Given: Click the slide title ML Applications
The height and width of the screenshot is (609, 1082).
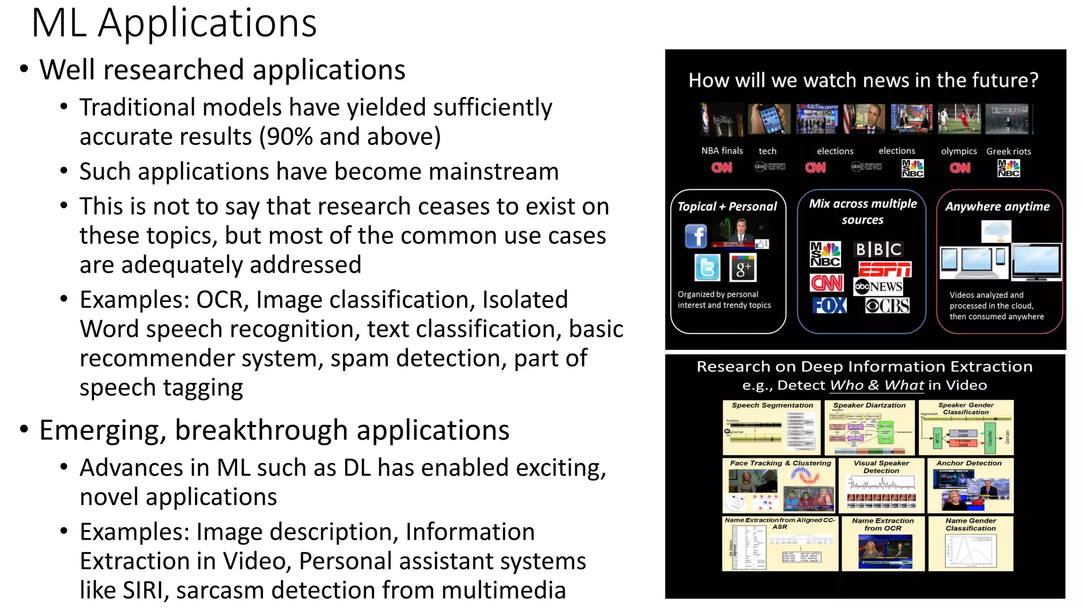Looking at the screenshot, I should coord(174,24).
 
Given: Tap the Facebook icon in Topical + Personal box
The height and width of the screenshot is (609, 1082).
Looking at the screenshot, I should coord(696,236).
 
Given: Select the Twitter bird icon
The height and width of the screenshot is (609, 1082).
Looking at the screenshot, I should coord(707,267).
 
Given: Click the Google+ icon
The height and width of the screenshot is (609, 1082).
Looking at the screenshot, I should coord(743,268).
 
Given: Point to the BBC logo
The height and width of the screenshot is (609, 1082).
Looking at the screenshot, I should coord(879,249).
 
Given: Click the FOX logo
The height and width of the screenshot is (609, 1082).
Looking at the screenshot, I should coord(829,306).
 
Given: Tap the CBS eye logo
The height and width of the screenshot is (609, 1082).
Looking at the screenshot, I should coord(888,306).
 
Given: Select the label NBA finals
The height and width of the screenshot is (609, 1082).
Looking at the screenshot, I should coord(722,151).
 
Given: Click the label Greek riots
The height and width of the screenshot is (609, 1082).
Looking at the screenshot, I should coord(1009,151).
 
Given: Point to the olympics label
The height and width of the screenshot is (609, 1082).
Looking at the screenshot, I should coord(958,151).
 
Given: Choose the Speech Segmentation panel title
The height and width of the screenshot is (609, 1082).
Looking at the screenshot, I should coord(772,405).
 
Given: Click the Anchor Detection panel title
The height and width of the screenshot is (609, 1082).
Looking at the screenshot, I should coord(968,463).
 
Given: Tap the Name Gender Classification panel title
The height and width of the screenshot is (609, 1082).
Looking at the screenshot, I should coord(971,524).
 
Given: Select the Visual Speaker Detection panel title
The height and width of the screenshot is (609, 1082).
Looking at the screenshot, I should coord(881,467).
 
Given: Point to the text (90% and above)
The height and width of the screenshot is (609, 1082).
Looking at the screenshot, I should coord(350,137).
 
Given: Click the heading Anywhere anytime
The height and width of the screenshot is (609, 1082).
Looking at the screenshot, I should coord(997,207).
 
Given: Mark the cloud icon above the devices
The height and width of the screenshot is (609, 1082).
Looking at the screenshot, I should coord(996,231).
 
